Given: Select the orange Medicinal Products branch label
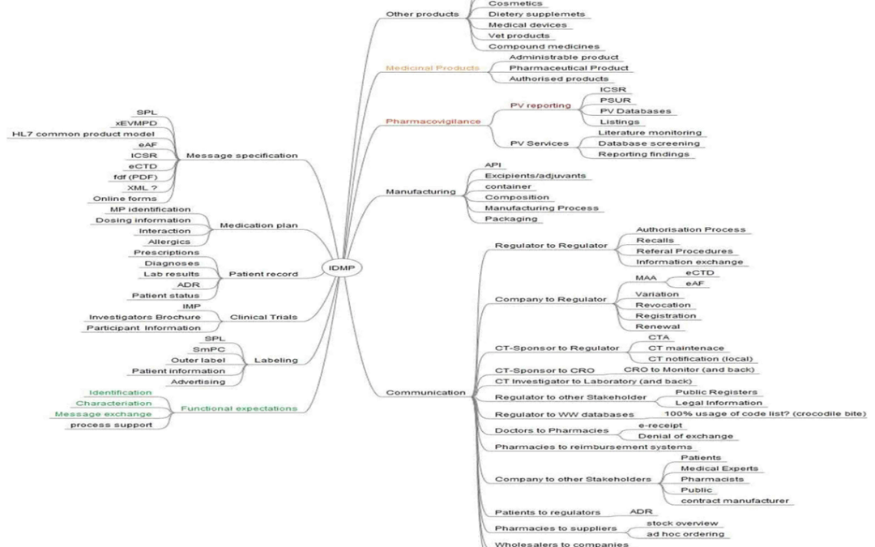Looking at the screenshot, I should pyautogui.click(x=421, y=68).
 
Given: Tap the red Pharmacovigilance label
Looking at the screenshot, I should pyautogui.click(x=420, y=122).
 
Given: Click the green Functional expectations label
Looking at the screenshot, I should pyautogui.click(x=238, y=408).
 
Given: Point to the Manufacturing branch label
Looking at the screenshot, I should pyautogui.click(x=420, y=192).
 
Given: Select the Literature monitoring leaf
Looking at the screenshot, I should pyautogui.click(x=650, y=132).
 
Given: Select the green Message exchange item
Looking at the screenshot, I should pyautogui.click(x=114, y=414).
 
